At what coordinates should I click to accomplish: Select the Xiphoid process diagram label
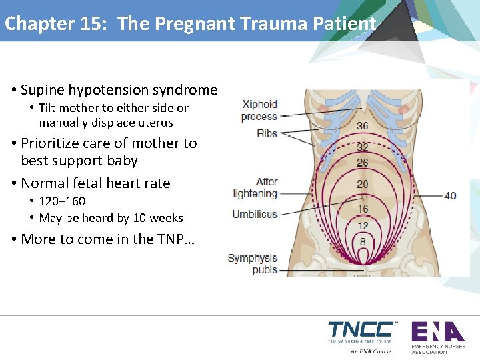click(259, 110)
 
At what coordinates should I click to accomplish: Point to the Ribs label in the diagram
click(267, 133)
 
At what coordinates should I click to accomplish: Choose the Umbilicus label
click(255, 214)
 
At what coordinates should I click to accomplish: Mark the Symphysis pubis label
click(253, 264)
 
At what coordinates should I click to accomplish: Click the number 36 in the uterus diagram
click(363, 126)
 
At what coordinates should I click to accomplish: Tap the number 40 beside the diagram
click(450, 195)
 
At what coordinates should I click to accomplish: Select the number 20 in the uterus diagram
click(363, 184)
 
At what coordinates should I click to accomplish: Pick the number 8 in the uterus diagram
click(363, 241)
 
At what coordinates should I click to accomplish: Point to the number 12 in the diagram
click(363, 225)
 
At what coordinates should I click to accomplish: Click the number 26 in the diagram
click(363, 163)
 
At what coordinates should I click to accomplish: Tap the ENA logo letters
click(437, 331)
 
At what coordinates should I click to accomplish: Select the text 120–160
click(62, 201)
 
